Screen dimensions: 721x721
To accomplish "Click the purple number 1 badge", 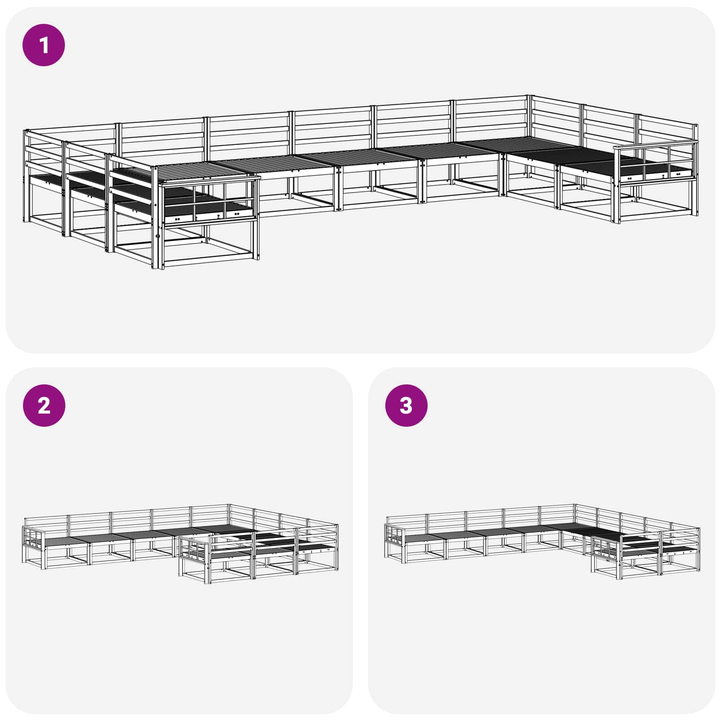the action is tap(44, 45).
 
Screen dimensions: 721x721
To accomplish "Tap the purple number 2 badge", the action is tap(44, 406).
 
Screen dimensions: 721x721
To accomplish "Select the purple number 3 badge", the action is tap(406, 406).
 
